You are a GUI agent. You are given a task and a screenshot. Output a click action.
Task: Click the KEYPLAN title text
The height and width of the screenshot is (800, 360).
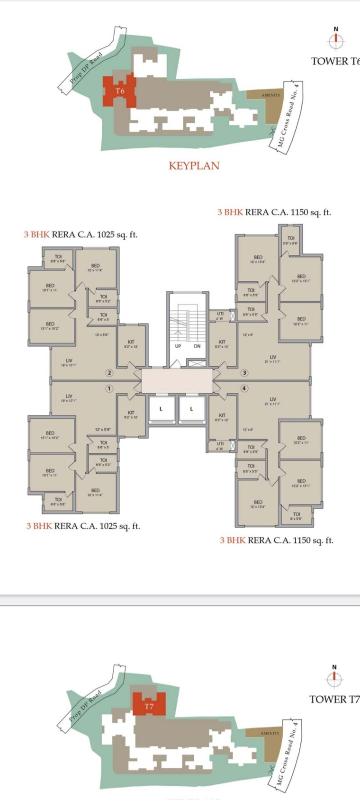(194, 166)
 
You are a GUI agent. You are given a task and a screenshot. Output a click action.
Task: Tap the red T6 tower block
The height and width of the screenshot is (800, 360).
(120, 90)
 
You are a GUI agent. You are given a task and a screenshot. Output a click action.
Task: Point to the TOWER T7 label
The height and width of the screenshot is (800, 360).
(334, 700)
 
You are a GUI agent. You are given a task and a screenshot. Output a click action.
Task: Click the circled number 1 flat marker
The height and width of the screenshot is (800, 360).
(109, 388)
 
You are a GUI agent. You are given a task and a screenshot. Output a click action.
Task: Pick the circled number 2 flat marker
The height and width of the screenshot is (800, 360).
(109, 373)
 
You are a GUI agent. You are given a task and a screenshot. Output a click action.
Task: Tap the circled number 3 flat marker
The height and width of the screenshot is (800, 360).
(244, 373)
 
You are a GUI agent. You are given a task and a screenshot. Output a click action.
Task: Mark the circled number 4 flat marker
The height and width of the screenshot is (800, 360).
(244, 388)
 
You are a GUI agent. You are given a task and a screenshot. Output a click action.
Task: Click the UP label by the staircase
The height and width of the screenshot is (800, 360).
(178, 346)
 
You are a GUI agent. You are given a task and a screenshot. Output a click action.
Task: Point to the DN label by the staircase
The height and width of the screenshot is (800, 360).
(197, 346)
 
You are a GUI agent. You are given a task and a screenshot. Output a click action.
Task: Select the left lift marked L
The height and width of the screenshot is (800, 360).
(161, 409)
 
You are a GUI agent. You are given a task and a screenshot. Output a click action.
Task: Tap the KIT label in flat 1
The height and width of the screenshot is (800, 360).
(131, 415)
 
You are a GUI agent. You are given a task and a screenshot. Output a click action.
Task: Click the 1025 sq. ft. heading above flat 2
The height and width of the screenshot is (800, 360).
(81, 234)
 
